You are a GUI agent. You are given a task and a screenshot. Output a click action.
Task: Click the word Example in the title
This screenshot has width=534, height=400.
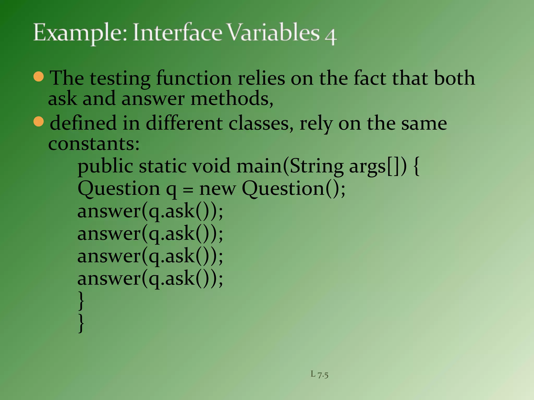[80, 33]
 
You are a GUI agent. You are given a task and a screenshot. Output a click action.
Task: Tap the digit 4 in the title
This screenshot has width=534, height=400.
[331, 37]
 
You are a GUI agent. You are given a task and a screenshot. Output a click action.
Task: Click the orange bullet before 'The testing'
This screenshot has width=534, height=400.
[39, 77]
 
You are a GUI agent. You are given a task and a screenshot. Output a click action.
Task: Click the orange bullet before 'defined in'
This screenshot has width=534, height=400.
[39, 122]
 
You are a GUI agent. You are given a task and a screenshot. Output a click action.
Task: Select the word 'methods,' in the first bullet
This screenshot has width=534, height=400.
[232, 99]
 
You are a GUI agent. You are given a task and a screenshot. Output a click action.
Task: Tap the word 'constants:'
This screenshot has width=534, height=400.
[94, 144]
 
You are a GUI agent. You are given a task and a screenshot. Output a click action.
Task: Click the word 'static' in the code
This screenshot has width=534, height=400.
[162, 166]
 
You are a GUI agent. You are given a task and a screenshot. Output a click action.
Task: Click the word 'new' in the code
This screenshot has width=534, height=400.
[217, 189]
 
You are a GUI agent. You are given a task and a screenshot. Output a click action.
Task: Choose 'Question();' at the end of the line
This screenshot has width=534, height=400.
[294, 189]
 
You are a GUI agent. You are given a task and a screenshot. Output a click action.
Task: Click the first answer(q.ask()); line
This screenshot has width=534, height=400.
[150, 211]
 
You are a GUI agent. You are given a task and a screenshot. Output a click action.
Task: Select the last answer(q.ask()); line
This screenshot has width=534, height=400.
[150, 279]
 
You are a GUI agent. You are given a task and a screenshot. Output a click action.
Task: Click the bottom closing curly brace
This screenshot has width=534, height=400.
[81, 323]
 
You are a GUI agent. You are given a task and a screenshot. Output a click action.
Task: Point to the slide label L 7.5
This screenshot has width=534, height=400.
[319, 374]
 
